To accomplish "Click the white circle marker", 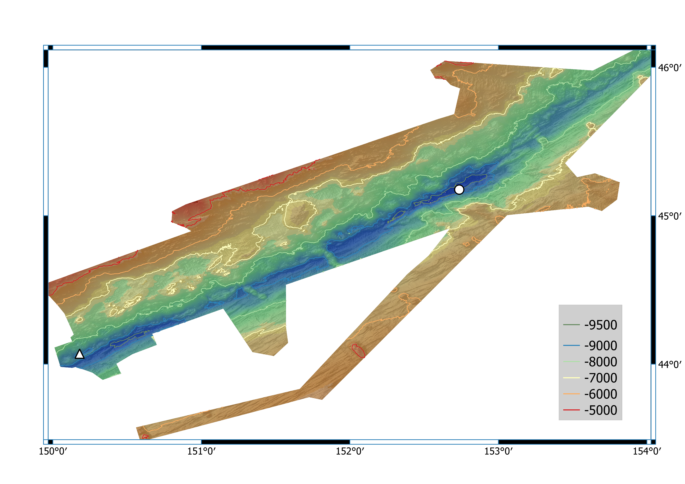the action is coord(459,189).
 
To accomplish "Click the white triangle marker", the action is coord(79,354).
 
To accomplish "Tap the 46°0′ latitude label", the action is coord(670,68).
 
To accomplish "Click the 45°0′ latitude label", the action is coord(670,216).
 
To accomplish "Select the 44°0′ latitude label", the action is coord(670,364).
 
